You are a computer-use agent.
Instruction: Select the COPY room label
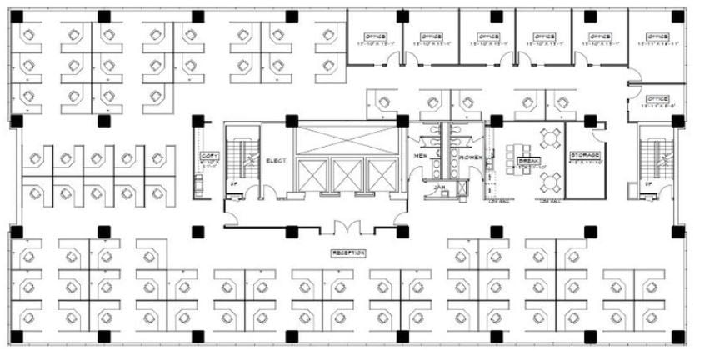coord(208,156)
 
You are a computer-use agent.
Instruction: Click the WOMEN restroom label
coord(470,155)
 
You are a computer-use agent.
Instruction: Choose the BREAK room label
coord(527,161)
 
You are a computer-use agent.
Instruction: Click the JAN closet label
coord(439,187)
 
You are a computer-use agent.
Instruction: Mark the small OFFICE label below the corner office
coord(657,99)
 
